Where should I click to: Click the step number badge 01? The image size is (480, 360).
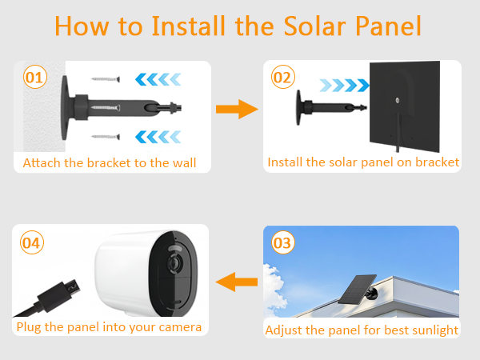click(x=34, y=78)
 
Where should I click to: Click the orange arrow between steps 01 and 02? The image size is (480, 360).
click(x=238, y=110)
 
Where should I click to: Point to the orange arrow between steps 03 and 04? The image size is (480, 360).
click(x=238, y=281)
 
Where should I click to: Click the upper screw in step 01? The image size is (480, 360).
click(x=105, y=78)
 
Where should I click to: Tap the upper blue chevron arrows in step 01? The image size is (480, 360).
click(x=156, y=78)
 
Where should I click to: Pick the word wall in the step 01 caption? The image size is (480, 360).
click(x=183, y=163)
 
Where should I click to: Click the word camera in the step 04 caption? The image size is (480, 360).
click(x=176, y=327)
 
